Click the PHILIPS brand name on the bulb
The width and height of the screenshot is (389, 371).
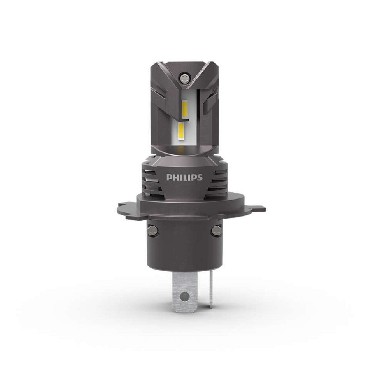click(184, 178)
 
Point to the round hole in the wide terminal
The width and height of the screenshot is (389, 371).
click(185, 296)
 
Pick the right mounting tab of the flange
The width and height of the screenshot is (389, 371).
click(245, 210)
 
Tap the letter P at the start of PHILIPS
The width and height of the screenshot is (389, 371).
click(169, 178)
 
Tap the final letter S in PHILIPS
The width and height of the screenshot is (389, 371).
click(200, 178)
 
